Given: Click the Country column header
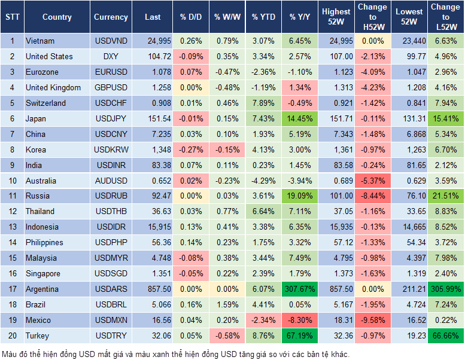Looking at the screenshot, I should coord(57,17).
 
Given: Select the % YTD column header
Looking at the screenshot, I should coord(263,17).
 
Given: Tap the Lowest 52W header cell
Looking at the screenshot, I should coord(410,17).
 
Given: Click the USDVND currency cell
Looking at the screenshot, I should coord(111,41).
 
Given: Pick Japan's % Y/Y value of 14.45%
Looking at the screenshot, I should coord(300,118).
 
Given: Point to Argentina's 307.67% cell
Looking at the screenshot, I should coord(300,289).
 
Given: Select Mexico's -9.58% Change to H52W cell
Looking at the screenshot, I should coord(373,320).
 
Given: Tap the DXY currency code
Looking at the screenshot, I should coord(111,56).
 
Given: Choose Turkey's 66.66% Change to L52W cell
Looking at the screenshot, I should coord(446,335).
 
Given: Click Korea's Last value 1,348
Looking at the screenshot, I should coord(153,150).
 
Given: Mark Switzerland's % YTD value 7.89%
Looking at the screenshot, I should coord(263,103).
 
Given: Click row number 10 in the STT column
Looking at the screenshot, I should coord(12,181).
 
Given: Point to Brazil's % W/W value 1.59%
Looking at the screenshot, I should coord(226,304).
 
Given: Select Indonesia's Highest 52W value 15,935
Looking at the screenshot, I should coord(336,227).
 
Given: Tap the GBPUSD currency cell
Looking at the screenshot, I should coord(111,87).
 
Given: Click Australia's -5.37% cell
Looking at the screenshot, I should coord(373,181).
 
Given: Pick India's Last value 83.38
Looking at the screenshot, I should coord(153,165).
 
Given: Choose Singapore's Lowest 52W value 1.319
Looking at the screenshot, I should coord(410,273).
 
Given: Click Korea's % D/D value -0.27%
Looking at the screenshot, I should coord(190,150).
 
